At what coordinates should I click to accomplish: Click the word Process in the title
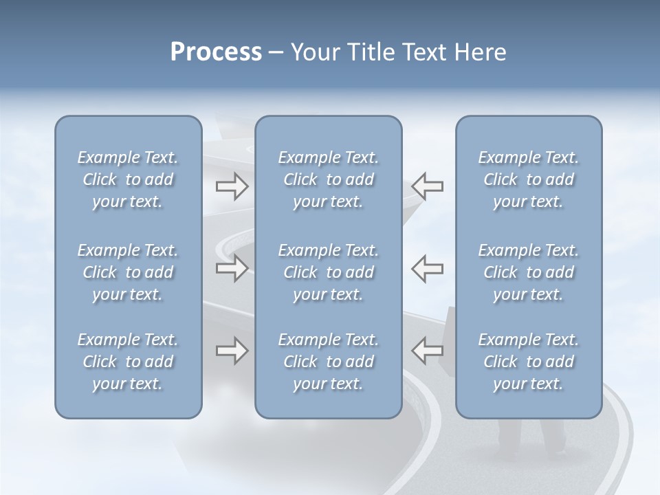click(x=216, y=52)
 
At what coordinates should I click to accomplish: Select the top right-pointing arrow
click(x=232, y=186)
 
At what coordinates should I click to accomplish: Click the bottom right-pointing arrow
click(x=232, y=351)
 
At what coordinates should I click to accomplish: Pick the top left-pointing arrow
click(x=427, y=186)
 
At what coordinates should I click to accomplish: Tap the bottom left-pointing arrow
click(x=427, y=351)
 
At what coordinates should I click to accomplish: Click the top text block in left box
click(x=128, y=179)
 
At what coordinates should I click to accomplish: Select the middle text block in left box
click(x=128, y=272)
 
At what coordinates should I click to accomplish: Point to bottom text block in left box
click(x=128, y=362)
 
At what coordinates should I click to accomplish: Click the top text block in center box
click(x=328, y=179)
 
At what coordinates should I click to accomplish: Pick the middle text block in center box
click(x=328, y=272)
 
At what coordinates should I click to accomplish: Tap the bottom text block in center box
click(x=328, y=362)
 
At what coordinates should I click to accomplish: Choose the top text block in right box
click(x=528, y=179)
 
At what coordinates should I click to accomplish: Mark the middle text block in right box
click(x=528, y=272)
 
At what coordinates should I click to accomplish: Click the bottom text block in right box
click(x=528, y=362)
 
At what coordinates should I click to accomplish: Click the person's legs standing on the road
click(x=529, y=440)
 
